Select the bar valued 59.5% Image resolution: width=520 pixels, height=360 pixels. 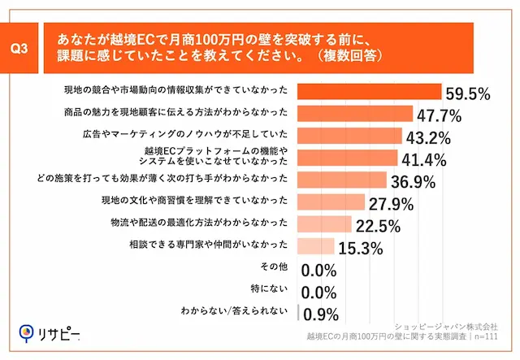[x=370, y=91]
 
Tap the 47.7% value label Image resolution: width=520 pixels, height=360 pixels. [x=440, y=114]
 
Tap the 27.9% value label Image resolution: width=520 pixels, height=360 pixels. [x=392, y=203]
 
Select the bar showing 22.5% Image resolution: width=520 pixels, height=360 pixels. [x=326, y=223]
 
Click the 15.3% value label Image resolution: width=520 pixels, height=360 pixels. [x=360, y=248]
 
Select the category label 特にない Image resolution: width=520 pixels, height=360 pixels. [x=272, y=288]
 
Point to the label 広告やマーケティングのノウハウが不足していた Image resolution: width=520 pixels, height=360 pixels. [x=188, y=133]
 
